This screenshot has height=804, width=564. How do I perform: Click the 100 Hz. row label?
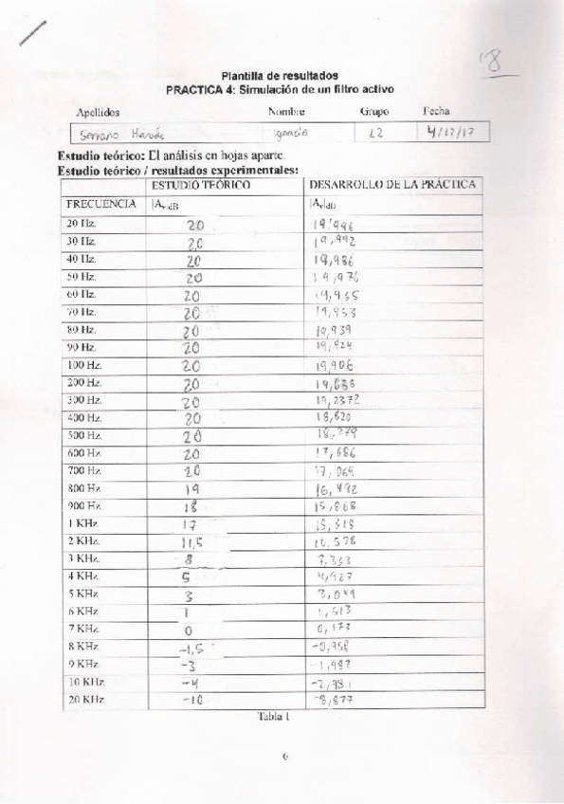coord(84,364)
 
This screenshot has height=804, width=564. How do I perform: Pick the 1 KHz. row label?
coord(82,522)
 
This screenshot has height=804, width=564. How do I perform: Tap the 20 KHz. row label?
coord(85,700)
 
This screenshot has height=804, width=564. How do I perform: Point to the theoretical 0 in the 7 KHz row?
coord(188,630)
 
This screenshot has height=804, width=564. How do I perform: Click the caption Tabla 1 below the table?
coord(273,717)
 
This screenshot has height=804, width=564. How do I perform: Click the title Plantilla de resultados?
coord(280,75)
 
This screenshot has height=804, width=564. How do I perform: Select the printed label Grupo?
coord(374,111)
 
